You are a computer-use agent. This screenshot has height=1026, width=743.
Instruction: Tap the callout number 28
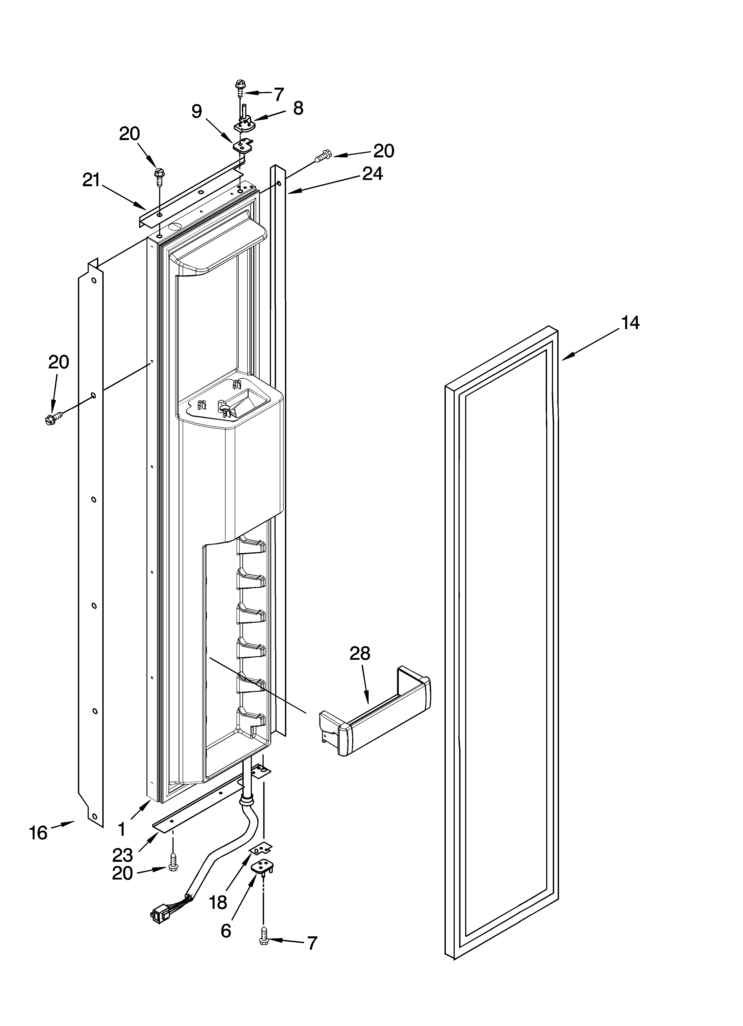point(360,654)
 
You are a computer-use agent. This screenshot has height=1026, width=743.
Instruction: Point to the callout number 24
point(372,174)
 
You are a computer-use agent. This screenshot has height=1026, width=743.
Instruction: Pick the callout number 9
point(196,111)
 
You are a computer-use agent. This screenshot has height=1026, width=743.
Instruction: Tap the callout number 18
point(218,903)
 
